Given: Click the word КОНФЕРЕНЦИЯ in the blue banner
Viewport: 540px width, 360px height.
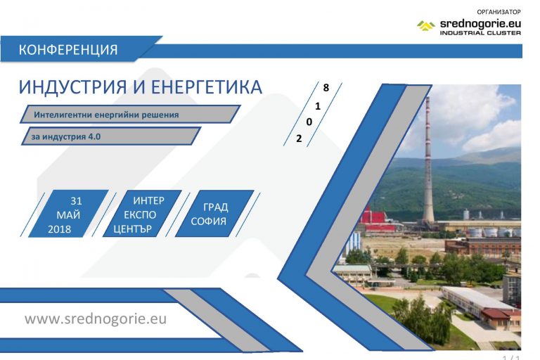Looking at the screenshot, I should pyautogui.click(x=67, y=50).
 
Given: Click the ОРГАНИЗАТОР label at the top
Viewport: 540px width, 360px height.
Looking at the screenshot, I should pyautogui.click(x=499, y=12).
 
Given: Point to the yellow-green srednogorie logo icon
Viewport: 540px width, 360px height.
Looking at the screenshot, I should pyautogui.click(x=426, y=27).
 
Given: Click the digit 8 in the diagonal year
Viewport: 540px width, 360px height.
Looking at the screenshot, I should pyautogui.click(x=326, y=89).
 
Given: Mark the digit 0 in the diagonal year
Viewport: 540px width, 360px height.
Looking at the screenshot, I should pyautogui.click(x=309, y=122).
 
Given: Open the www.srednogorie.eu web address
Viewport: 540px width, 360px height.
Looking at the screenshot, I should pyautogui.click(x=96, y=319).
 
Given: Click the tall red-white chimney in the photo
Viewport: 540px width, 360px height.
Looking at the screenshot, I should pyautogui.click(x=427, y=162).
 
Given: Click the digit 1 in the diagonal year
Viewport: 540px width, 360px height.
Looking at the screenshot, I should pyautogui.click(x=318, y=106).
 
